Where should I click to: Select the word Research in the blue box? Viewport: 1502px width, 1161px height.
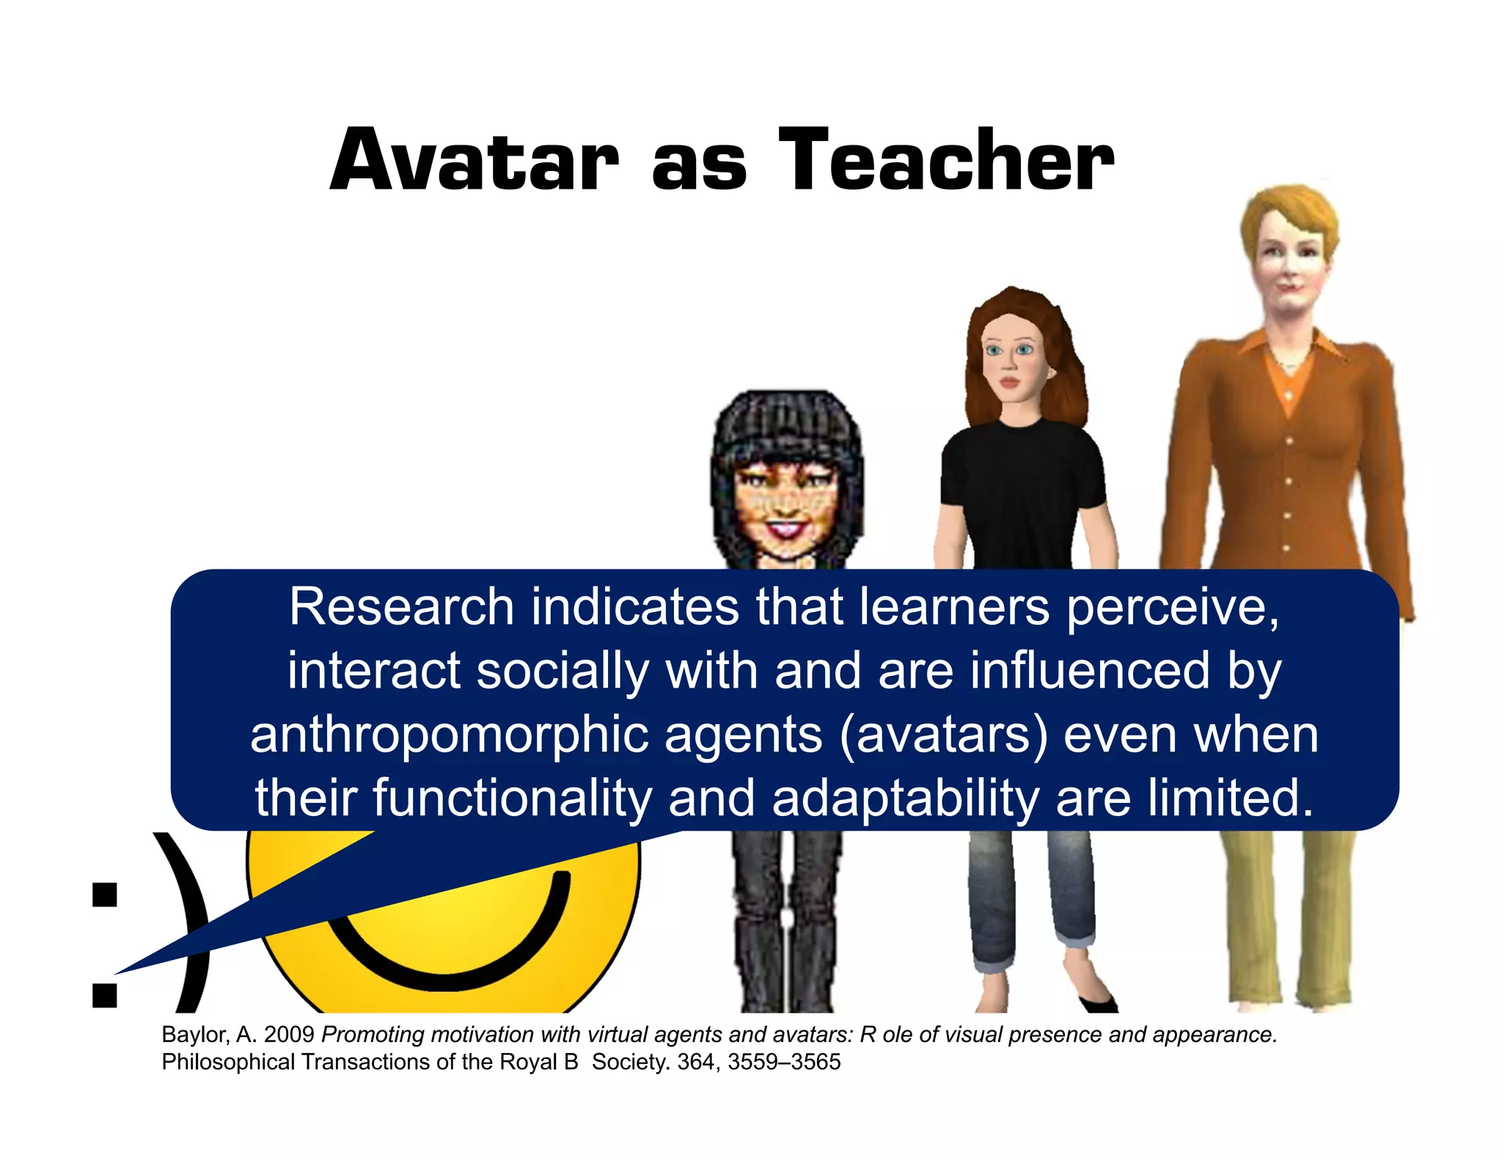401,607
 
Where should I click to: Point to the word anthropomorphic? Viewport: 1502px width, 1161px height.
449,735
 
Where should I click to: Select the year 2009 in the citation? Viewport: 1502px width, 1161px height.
289,1034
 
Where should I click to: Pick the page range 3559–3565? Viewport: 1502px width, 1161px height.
784,1062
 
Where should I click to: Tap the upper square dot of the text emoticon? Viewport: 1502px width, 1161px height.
105,895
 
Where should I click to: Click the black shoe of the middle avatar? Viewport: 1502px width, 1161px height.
1099,1002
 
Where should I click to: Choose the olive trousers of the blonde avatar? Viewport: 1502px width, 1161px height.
1291,917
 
